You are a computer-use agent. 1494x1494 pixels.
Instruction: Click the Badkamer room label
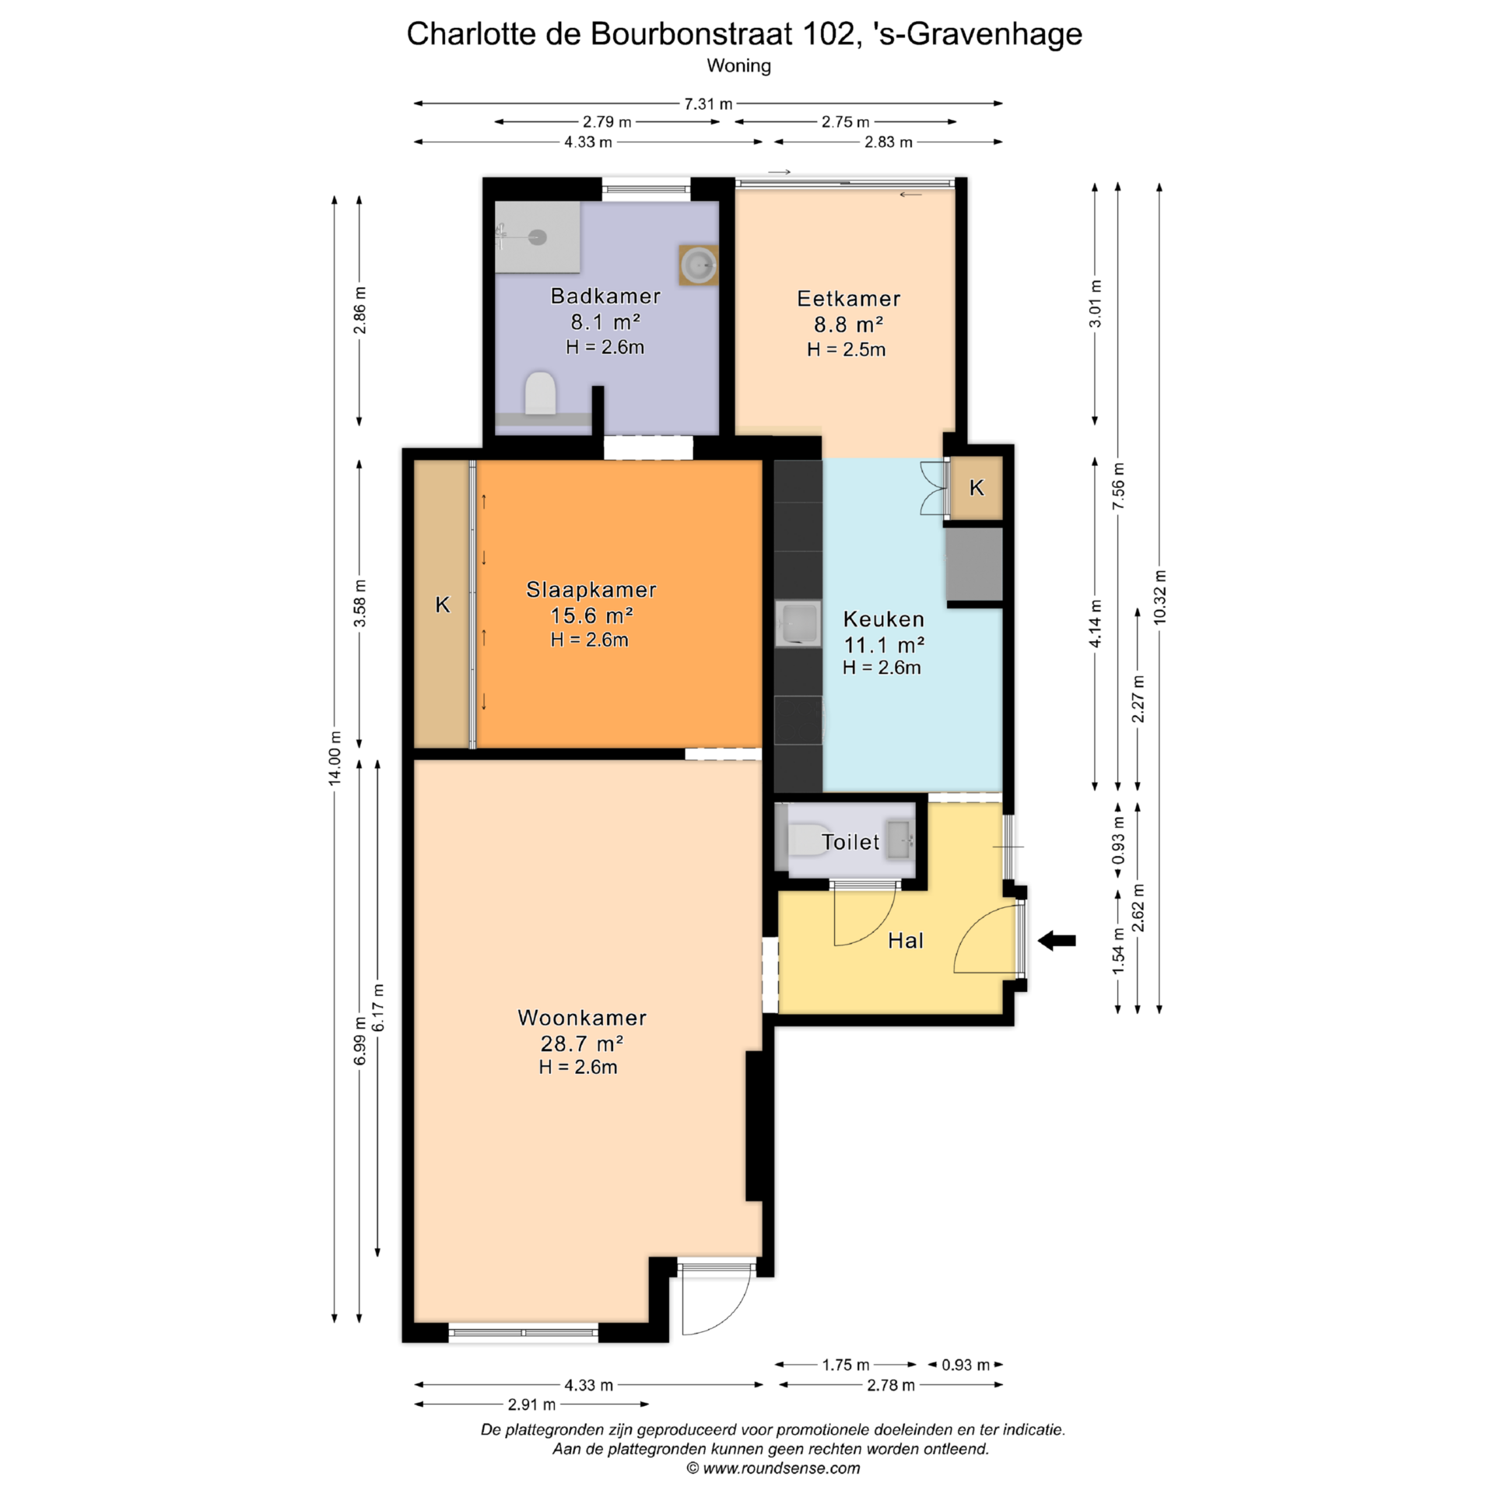[x=605, y=296]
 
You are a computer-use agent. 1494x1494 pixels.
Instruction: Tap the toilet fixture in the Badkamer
[x=540, y=393]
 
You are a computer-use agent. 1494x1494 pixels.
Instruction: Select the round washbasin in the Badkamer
[x=698, y=265]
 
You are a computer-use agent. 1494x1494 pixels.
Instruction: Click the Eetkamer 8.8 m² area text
[x=848, y=324]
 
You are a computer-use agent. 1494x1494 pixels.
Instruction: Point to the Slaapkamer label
[x=591, y=590]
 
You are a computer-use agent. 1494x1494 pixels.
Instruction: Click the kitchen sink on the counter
[x=798, y=623]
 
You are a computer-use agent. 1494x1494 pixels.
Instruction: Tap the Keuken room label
[x=884, y=619]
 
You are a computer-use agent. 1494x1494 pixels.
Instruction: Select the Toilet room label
[x=850, y=842]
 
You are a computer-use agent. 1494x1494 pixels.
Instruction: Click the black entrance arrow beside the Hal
[x=1057, y=941]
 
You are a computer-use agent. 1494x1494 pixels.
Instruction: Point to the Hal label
[x=906, y=941]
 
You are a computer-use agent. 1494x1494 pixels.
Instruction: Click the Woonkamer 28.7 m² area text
[x=582, y=1043]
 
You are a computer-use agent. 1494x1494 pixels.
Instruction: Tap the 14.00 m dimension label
[x=335, y=758]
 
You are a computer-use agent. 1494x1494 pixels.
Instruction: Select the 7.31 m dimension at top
[x=708, y=103]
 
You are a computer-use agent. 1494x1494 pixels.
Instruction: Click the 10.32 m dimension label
[x=1159, y=597]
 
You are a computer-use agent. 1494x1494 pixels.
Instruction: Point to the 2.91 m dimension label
[x=531, y=1405]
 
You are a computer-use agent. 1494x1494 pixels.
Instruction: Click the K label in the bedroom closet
[x=443, y=605]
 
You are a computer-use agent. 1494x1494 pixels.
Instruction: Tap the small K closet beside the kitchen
[x=977, y=488]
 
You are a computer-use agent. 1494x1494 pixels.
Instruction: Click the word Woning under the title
[x=738, y=66]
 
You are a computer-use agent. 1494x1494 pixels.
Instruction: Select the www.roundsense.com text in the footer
[x=781, y=1468]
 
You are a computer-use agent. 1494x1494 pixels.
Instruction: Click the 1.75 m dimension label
[x=846, y=1365]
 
